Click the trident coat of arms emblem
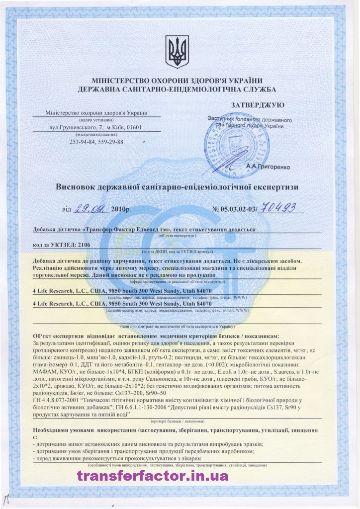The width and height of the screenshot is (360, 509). click(177, 51)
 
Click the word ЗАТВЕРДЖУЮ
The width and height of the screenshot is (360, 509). click(258, 105)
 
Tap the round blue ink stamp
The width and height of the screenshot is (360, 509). click(233, 142)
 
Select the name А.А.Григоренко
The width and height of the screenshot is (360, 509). click(268, 167)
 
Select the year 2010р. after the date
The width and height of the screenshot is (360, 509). click(121, 210)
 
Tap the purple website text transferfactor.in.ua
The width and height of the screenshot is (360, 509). click(153, 476)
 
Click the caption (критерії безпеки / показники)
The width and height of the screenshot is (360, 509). click(177, 421)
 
